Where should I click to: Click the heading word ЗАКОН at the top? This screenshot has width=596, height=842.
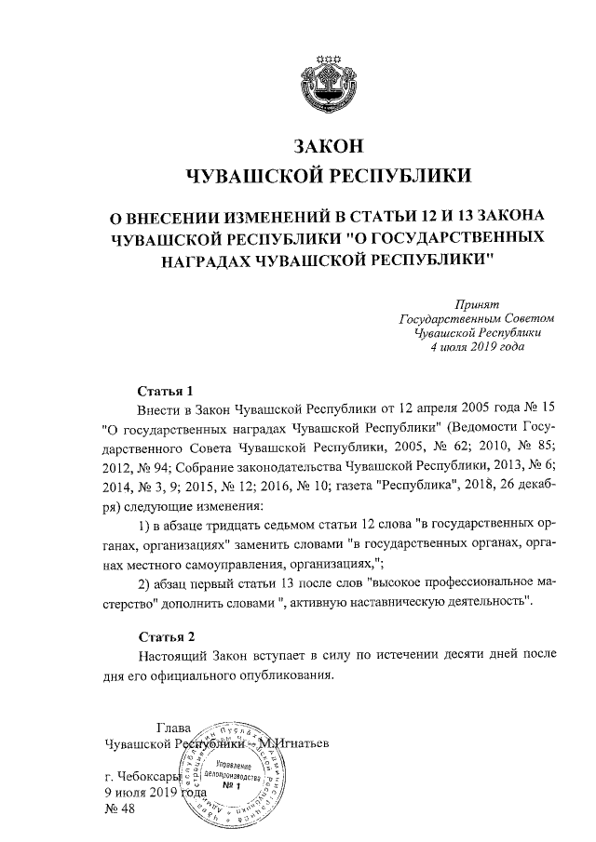326,146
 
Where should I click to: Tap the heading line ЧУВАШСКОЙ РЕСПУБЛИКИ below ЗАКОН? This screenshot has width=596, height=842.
326,176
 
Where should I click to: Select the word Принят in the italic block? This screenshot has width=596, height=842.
477,304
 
